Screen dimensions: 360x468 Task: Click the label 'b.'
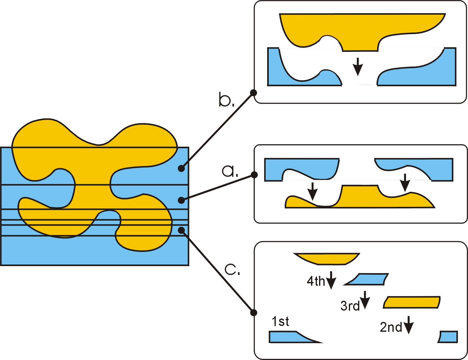(227, 100)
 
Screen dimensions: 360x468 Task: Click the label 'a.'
(230, 171)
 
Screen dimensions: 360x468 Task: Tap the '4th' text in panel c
(316, 281)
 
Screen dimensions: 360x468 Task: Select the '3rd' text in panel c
(350, 306)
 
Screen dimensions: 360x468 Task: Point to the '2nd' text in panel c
(391, 327)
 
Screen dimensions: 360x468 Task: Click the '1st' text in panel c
(280, 322)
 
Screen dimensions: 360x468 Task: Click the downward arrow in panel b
(358, 66)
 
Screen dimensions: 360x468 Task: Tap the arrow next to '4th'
(331, 280)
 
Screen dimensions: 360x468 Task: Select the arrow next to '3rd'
(365, 300)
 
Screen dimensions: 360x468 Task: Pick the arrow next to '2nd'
(408, 325)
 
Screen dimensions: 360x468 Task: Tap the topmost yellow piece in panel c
(326, 259)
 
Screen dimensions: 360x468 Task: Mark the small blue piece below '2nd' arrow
(448, 337)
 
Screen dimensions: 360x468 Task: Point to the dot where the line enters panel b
(253, 92)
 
